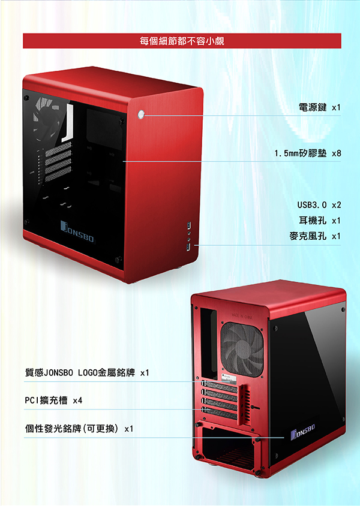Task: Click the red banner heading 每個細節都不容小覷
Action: click(x=182, y=41)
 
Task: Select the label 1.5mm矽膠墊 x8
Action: click(x=307, y=153)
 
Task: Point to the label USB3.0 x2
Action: click(x=319, y=205)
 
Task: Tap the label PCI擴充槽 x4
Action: click(x=53, y=400)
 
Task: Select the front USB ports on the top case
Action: click(x=189, y=237)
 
